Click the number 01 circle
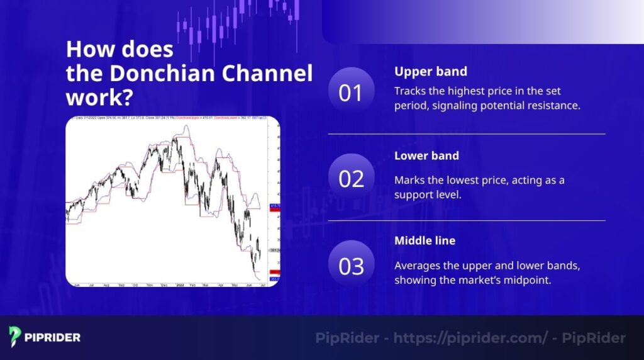[351, 93]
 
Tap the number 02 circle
[351, 179]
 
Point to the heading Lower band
[426, 155]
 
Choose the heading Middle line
[425, 240]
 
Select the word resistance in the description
[551, 105]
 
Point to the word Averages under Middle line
[418, 266]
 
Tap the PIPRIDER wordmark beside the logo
[53, 337]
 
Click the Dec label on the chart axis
[164, 284]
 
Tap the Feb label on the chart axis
[192, 284]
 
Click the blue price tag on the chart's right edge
[274, 205]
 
